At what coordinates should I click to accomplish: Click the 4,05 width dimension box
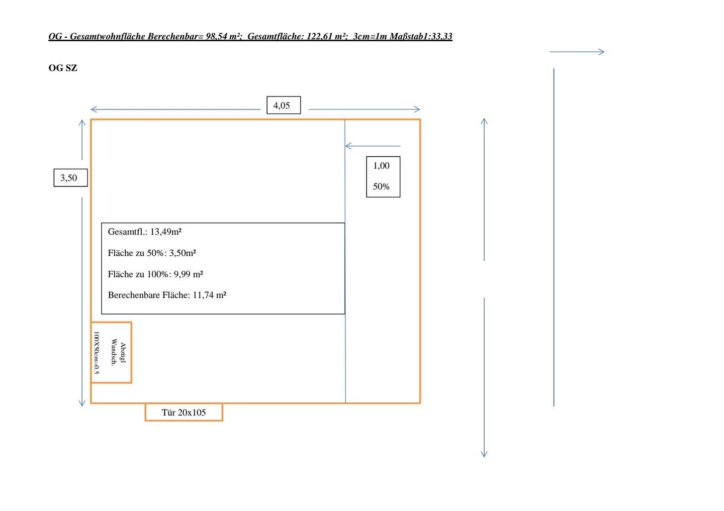click(283, 106)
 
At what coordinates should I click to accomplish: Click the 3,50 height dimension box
click(70, 178)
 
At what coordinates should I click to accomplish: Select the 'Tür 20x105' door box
click(184, 413)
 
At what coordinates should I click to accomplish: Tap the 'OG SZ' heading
click(63, 68)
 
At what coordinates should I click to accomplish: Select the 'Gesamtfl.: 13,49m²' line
click(144, 232)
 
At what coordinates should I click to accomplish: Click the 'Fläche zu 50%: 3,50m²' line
click(151, 253)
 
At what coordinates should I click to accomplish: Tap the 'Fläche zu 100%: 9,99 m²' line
click(155, 274)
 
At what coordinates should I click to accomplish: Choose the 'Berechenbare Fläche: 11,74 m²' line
click(167, 295)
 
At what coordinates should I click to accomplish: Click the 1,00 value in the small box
click(381, 166)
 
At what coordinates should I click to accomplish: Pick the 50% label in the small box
click(381, 186)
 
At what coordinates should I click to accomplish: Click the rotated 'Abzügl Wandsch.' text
click(119, 353)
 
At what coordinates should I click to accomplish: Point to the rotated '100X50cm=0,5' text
click(97, 353)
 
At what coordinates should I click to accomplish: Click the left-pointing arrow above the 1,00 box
click(372, 146)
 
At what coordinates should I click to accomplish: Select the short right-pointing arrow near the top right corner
click(577, 51)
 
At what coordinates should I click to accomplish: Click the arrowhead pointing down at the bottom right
click(484, 454)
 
